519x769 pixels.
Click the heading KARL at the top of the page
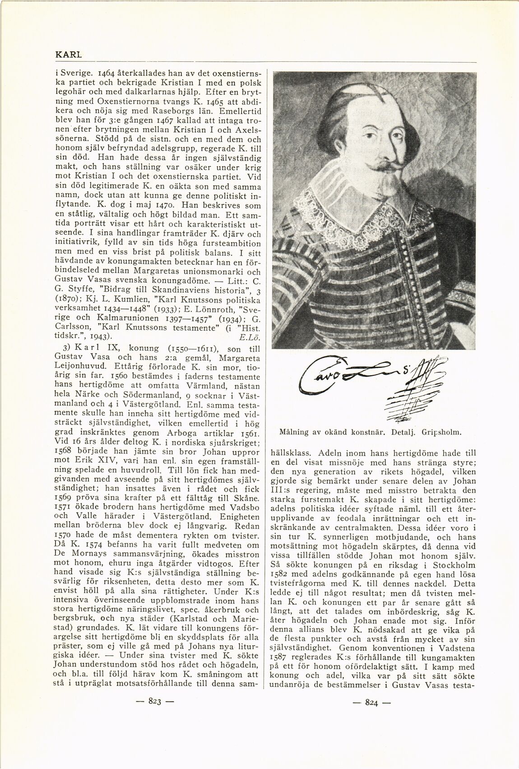[x=68, y=55]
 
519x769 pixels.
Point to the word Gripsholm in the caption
[x=441, y=432]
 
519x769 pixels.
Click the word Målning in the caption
[x=293, y=432]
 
